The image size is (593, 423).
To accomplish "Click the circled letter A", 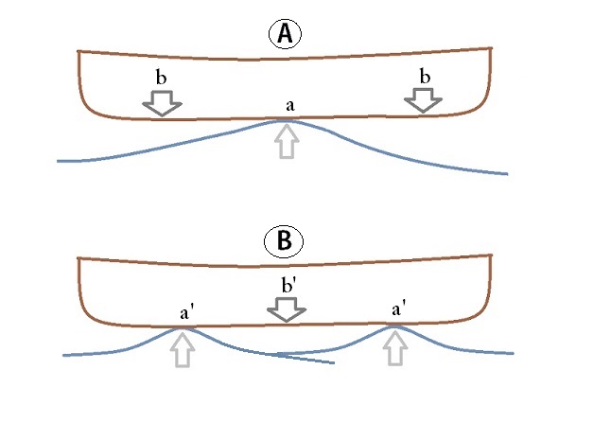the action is click(286, 34).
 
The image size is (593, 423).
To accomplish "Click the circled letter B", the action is click(284, 240).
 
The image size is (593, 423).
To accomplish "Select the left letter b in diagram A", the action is click(161, 78).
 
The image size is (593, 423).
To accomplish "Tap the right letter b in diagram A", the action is click(425, 77).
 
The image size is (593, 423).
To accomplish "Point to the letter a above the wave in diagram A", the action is click(289, 106).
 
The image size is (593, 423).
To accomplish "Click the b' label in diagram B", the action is click(288, 286).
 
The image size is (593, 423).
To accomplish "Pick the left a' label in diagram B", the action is click(185, 313).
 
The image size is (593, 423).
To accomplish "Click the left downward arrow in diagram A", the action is click(162, 103).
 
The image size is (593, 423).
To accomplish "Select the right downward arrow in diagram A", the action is click(423, 100).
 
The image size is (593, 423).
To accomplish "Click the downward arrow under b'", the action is click(287, 309).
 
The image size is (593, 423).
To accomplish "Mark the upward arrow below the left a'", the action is click(183, 349).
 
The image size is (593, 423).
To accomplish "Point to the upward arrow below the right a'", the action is click(395, 347).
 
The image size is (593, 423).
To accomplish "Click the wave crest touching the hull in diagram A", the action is click(285, 121).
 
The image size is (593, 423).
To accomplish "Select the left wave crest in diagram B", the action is click(183, 328).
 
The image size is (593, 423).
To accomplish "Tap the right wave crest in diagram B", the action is click(394, 326).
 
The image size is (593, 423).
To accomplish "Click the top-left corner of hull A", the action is click(78, 51).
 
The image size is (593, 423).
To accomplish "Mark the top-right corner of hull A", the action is click(491, 48).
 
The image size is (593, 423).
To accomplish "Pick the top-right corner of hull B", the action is click(491, 255).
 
